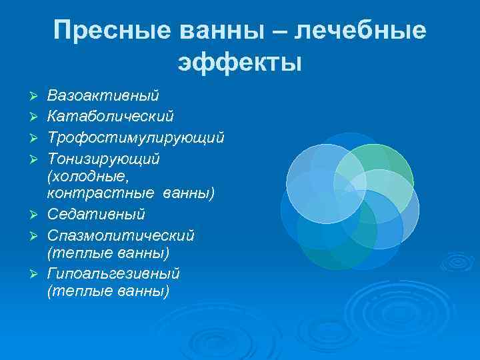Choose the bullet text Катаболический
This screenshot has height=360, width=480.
coord(110,117)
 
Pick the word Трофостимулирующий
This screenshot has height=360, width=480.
coord(135,138)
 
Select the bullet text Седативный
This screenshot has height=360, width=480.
coord(96,215)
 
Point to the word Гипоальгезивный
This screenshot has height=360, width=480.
coord(113,274)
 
